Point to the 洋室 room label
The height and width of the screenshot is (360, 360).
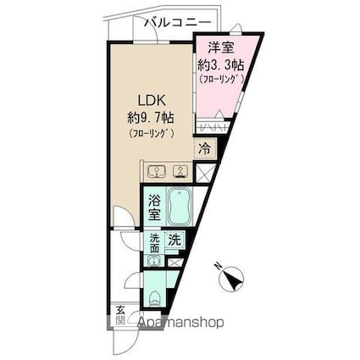221,49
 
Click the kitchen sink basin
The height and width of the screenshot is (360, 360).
157,170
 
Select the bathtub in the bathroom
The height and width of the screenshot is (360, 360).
180,205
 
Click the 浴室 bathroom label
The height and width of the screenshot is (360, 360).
155,209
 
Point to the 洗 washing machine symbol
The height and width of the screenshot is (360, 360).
174,240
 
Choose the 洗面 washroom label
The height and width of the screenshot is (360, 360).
153,244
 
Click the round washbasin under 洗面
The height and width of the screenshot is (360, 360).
153,261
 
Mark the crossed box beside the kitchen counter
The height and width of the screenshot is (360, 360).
203,170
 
